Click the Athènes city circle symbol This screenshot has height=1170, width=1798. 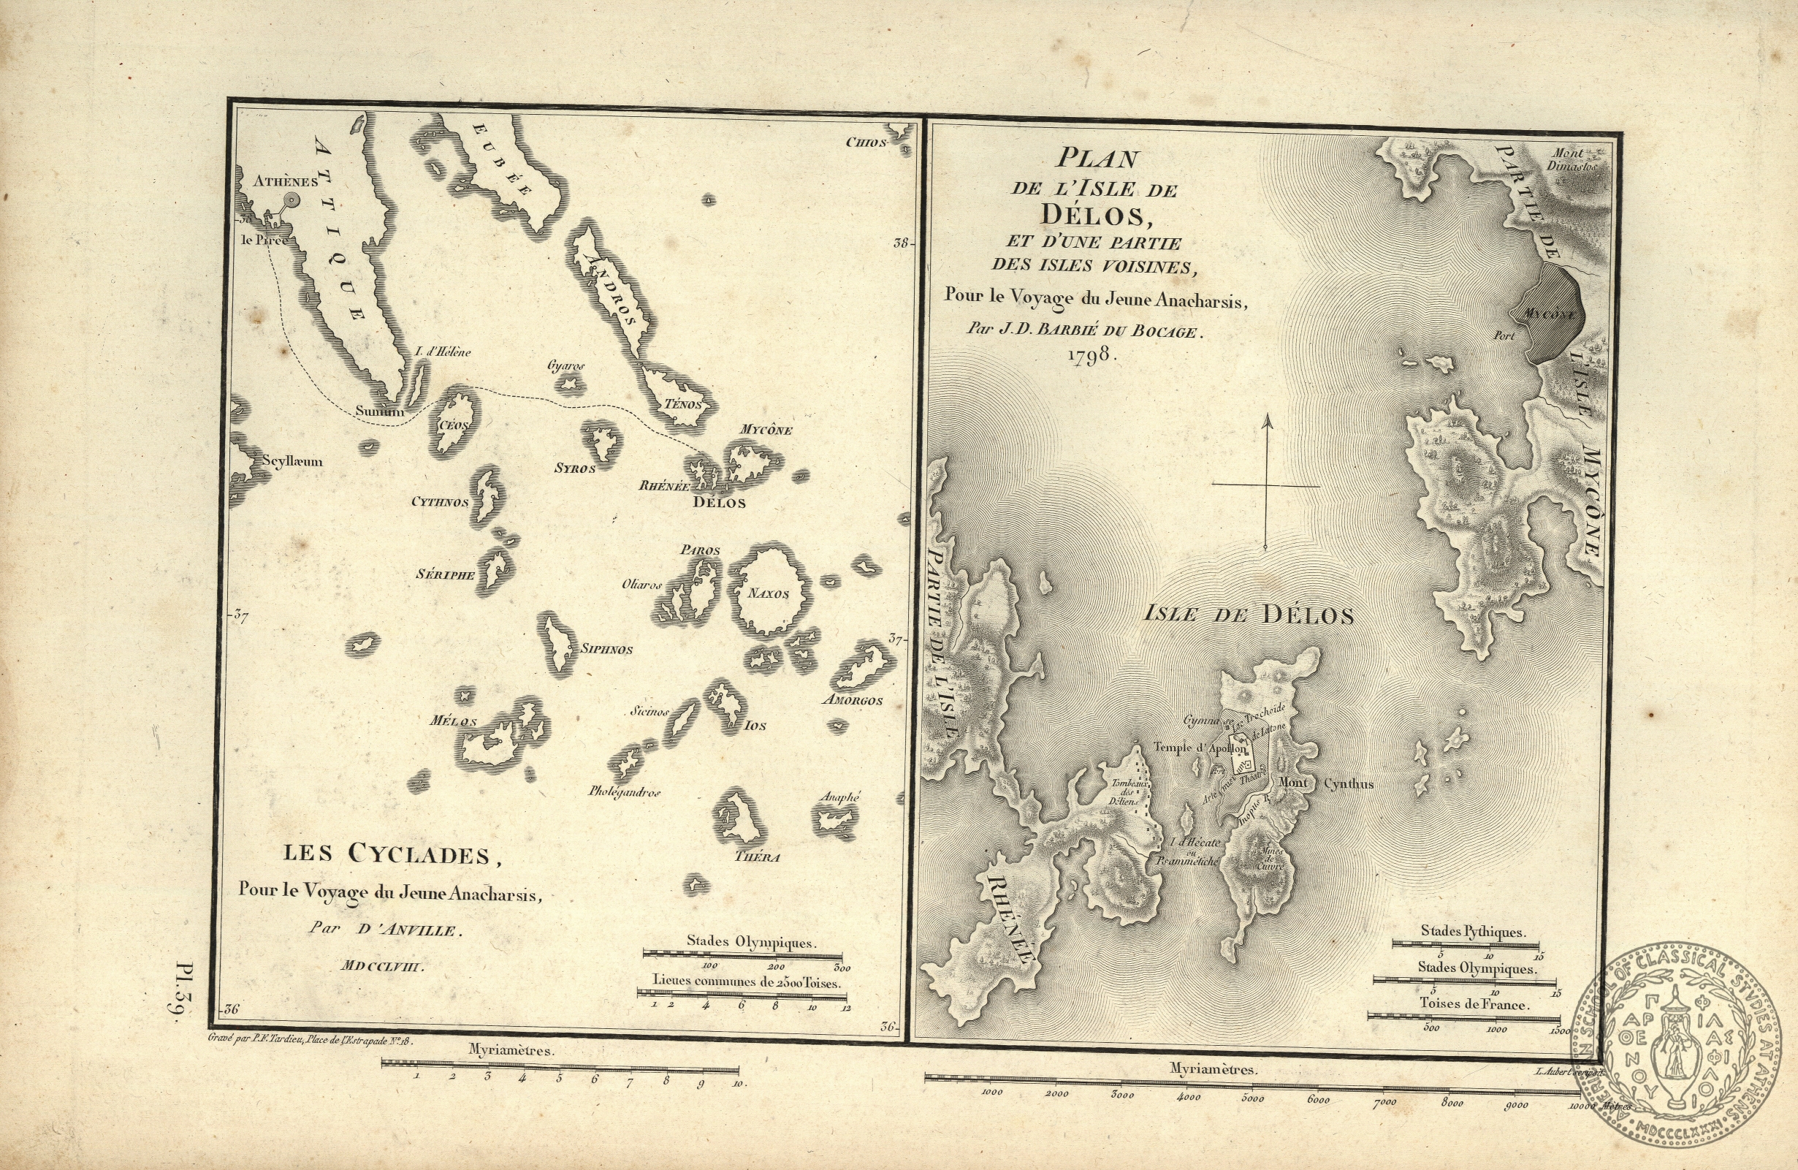[289, 200]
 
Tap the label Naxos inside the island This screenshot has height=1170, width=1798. [769, 594]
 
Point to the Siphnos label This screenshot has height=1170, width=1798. [606, 649]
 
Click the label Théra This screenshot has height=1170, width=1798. [757, 857]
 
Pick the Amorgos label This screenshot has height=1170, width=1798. [853, 701]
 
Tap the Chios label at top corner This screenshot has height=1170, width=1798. [865, 142]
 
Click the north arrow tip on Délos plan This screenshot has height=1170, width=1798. [1267, 417]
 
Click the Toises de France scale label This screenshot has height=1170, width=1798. [1474, 1006]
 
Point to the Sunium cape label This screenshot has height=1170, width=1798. [380, 412]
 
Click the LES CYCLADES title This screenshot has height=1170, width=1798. [392, 855]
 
